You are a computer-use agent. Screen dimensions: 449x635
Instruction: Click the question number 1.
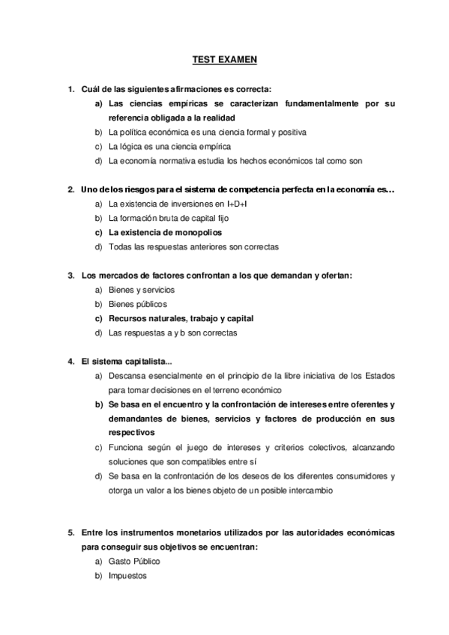pyautogui.click(x=70, y=90)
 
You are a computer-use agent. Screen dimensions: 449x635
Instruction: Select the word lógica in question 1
pyautogui.click(x=133, y=146)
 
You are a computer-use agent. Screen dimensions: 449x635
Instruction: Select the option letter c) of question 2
pyautogui.click(x=98, y=232)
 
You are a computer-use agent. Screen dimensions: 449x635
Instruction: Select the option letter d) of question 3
pyautogui.click(x=98, y=332)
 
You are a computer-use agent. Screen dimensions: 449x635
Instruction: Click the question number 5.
pyautogui.click(x=70, y=533)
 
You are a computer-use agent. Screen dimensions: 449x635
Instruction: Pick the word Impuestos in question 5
pyautogui.click(x=127, y=576)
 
